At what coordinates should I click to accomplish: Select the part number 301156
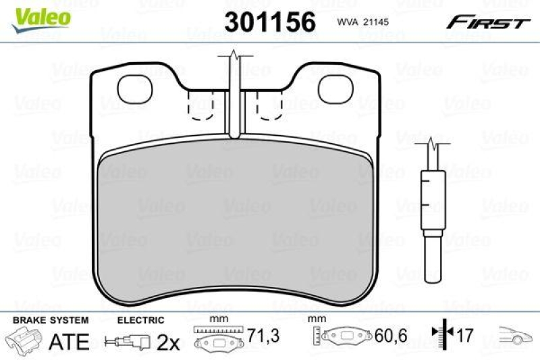point(271,22)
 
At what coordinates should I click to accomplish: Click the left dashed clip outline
point(200,105)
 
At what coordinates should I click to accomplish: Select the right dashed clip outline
point(269,105)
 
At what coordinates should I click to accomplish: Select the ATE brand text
point(70,342)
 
